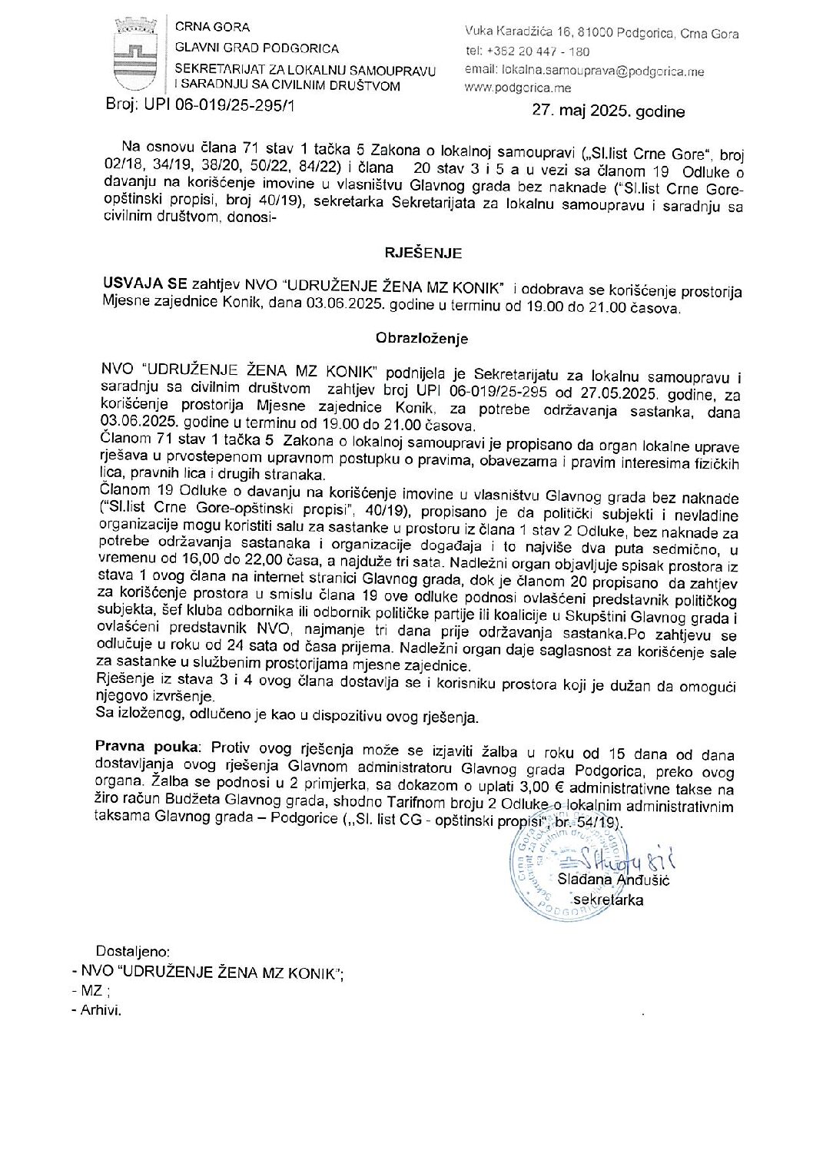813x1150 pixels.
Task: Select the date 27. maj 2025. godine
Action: point(608,111)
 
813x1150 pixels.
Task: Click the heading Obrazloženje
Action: point(422,338)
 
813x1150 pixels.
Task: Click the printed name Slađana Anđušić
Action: point(625,880)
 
